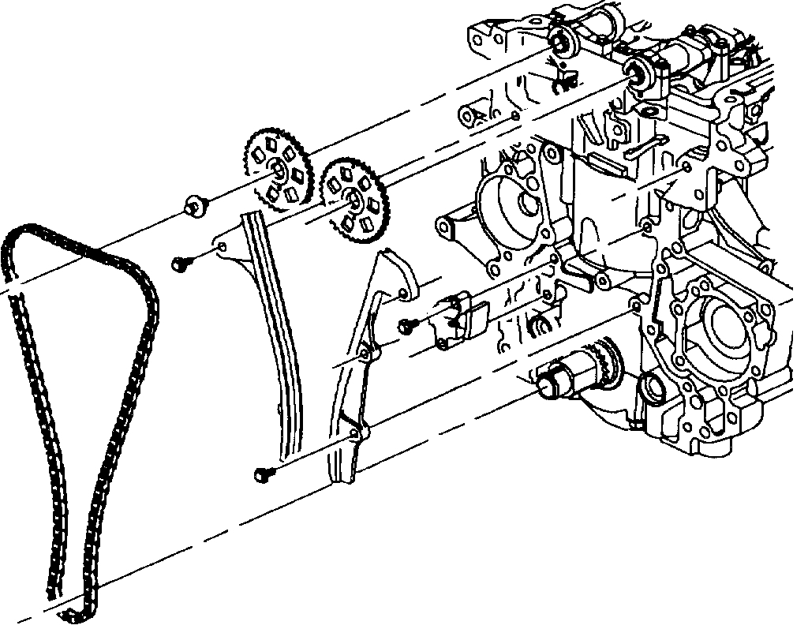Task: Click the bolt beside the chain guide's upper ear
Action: coord(180,264)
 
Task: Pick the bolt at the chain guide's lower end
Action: coord(263,474)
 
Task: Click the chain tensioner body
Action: coord(459,320)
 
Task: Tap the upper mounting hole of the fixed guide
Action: coord(226,248)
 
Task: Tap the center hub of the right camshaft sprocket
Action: coord(353,200)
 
